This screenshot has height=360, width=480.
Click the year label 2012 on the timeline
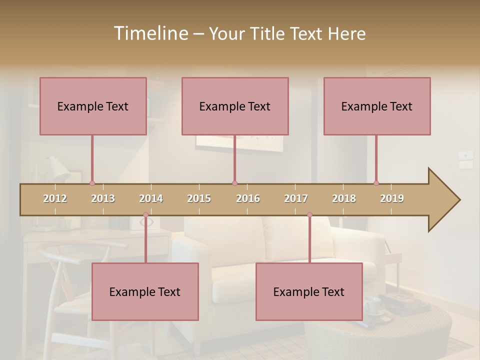point(55,198)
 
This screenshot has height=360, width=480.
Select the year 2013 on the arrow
point(103,198)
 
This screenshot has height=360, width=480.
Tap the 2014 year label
point(151,198)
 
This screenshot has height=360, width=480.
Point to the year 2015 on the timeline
point(199,198)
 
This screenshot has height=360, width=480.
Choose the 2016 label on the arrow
point(248,198)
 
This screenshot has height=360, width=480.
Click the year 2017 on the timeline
point(296,198)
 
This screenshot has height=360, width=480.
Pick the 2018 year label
point(344,198)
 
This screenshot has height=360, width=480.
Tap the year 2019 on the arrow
point(392,198)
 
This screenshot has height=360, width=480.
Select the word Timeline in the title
point(150,33)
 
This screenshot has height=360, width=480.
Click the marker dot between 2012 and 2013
point(92,183)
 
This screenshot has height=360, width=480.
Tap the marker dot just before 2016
point(234,183)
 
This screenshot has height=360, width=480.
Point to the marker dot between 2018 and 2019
point(376,183)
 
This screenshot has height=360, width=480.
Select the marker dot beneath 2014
point(145,215)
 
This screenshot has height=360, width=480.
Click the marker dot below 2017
point(309,215)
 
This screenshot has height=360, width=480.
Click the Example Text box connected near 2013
point(93,106)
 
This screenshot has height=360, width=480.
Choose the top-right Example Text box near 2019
point(377,106)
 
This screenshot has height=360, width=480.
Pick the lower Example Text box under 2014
point(145,291)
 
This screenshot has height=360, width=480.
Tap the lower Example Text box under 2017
point(309,291)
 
